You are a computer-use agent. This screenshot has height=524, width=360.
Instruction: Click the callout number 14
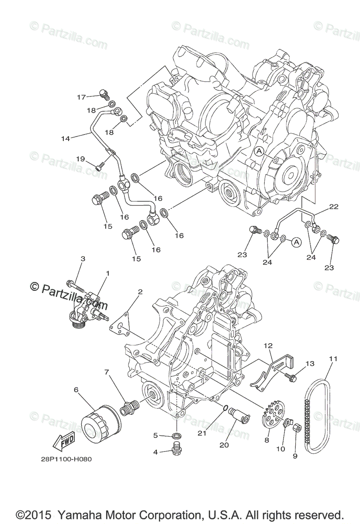(x=66, y=138)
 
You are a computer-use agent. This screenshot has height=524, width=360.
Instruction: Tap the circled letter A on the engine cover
(x=259, y=151)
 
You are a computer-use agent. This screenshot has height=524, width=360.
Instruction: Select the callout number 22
(x=333, y=207)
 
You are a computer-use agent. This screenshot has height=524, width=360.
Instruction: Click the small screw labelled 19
(x=102, y=165)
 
